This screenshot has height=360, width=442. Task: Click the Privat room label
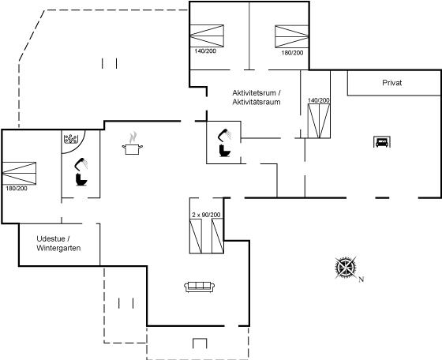click(391, 83)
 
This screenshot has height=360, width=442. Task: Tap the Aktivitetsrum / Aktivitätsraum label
click(257, 97)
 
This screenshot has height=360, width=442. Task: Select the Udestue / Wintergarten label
click(58, 243)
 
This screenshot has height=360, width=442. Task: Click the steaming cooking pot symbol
click(133, 144)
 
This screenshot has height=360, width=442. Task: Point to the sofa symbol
click(199, 287)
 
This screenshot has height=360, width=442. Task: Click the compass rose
click(346, 267)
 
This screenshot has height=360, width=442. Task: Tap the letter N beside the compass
click(361, 279)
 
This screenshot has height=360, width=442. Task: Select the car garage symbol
click(382, 142)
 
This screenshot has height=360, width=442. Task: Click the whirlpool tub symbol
click(71, 138)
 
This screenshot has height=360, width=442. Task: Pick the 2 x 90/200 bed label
click(206, 215)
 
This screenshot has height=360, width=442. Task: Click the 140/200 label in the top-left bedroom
click(205, 51)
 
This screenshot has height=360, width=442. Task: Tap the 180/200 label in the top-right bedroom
click(292, 53)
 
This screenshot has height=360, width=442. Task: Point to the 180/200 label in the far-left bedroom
click(17, 189)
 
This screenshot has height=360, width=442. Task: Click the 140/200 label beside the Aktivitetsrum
click(319, 100)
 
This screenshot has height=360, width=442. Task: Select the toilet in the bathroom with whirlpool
click(81, 179)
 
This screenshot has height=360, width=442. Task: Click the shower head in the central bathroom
click(225, 135)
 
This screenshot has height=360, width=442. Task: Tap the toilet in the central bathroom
click(225, 151)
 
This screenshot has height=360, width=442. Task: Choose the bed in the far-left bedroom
click(19, 173)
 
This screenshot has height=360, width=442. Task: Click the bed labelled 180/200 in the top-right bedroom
click(292, 36)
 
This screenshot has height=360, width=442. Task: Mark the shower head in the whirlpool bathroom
click(81, 163)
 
